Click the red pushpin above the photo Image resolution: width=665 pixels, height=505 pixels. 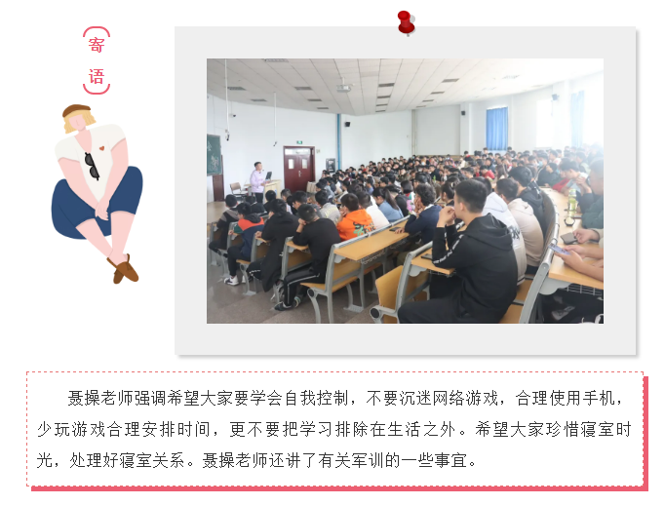pos(406,22)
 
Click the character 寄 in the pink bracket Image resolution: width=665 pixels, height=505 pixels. pos(97,45)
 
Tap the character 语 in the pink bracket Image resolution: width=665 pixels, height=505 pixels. pos(97,77)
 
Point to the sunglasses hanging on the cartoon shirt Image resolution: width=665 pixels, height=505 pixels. pos(92,166)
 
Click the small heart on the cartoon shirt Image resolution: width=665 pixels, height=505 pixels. pos(101,148)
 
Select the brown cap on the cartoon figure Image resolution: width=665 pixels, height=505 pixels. pos(76,110)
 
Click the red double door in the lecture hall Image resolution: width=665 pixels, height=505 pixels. pos(299,169)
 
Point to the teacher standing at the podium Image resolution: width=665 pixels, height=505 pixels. pos(257,181)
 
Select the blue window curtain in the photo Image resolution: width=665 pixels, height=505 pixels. pos(496,128)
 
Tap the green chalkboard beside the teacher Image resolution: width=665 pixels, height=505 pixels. pos(214,155)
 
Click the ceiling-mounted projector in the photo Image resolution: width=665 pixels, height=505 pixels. pos(344,88)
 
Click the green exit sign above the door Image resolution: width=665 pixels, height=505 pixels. pos(299,142)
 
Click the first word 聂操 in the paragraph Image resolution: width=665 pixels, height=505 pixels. pos(84,398)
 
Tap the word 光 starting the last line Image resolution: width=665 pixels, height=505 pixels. pos(45,460)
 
